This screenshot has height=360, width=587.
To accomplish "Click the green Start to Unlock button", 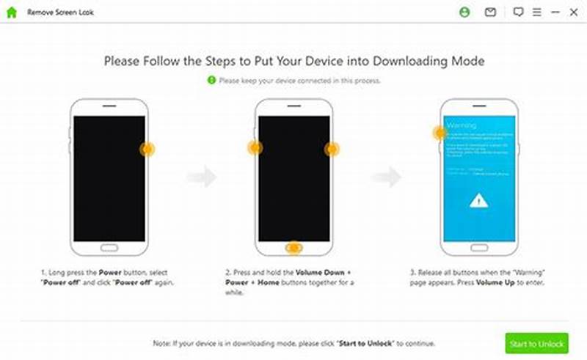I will coord(536,343).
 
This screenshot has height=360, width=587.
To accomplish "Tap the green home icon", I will coord(11,12).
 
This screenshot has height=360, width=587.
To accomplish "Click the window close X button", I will coord(574,12).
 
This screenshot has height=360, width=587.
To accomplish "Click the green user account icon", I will coord(464,12).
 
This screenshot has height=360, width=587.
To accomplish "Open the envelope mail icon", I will coord(490,12).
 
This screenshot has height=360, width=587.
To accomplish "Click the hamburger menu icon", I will coord(537,12).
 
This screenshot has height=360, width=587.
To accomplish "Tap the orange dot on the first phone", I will coord(147,149).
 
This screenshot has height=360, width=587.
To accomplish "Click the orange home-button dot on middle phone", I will coord(294,248).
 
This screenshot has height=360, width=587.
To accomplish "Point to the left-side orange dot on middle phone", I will coord(255,148).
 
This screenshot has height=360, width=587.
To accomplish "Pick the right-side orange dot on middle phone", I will coord(332,149).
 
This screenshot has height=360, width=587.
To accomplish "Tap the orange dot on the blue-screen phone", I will coord(440,133).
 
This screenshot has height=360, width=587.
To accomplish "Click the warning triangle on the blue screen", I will coord(478,199).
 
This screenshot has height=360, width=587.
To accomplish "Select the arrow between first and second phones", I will coord(202,176).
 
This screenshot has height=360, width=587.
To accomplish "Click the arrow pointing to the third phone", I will coord(387,176).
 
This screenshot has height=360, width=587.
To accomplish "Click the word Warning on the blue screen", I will coord(461,125).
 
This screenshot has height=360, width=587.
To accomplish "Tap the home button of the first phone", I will coord(109,247).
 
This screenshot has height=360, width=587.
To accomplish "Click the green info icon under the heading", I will coord(211,80).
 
